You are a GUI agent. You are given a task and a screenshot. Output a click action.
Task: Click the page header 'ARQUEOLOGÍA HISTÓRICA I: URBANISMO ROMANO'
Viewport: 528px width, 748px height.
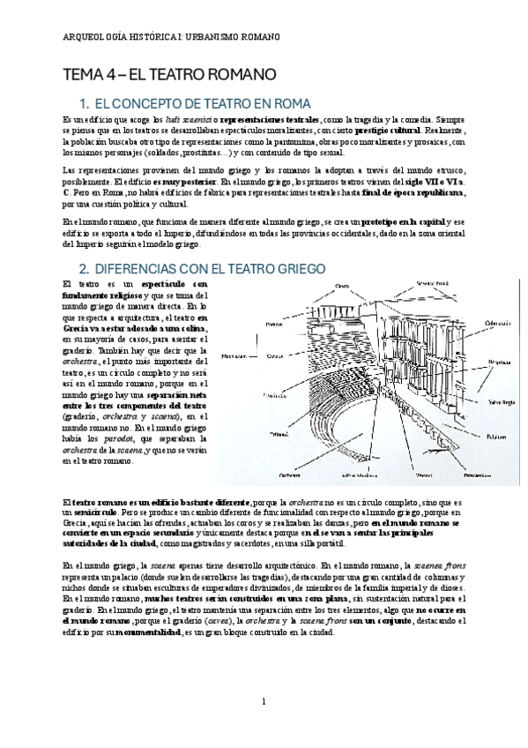click(173, 37)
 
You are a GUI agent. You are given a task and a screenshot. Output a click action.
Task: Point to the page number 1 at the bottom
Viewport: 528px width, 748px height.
click(264, 702)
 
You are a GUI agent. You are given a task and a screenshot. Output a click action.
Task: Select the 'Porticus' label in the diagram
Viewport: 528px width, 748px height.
click(271, 325)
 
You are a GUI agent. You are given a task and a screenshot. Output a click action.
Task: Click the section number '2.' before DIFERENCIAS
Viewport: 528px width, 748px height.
click(85, 267)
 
